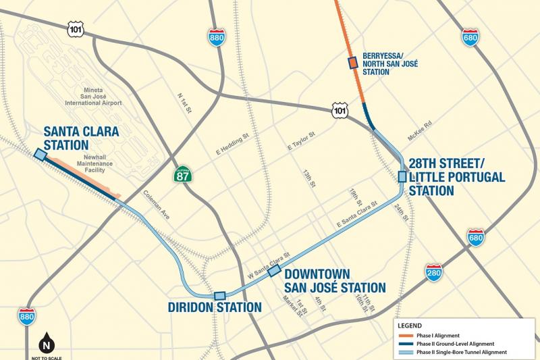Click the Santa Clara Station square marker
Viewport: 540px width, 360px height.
coord(40,155)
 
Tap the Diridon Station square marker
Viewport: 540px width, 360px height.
coord(219,296)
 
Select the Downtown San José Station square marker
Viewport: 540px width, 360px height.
coord(275,270)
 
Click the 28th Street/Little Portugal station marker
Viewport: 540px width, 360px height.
coord(402,177)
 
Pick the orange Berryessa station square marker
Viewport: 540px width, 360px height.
coord(352,63)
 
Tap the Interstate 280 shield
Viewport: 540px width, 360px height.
coord(434,272)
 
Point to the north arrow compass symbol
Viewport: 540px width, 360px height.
coord(47,340)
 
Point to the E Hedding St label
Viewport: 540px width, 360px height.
coord(232,144)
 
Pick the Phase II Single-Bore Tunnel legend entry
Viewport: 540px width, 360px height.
coord(461,352)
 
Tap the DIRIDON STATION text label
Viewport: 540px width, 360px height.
coord(214,307)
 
